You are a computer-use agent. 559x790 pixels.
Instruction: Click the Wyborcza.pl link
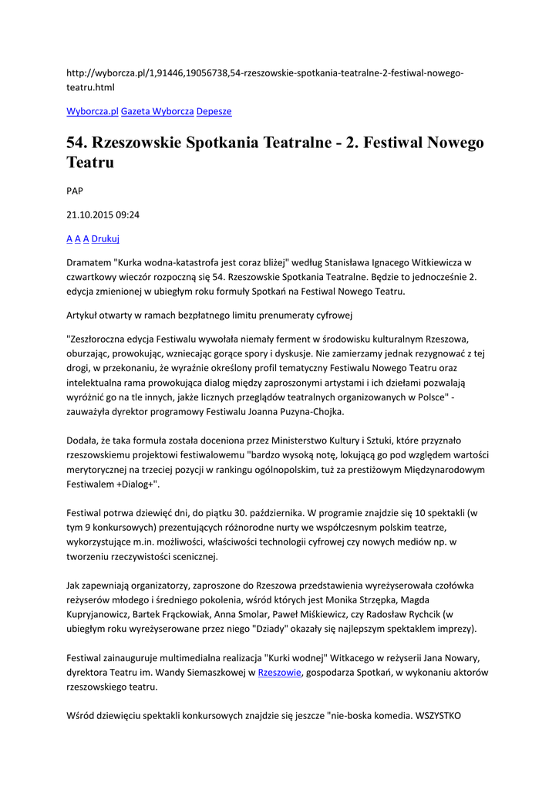(x=92, y=111)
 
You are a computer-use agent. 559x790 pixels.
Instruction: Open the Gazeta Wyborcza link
(x=157, y=111)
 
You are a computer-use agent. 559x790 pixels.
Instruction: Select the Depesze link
(x=214, y=111)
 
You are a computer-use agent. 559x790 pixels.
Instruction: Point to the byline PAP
(x=75, y=191)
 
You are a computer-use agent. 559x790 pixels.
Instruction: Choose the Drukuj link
(x=106, y=238)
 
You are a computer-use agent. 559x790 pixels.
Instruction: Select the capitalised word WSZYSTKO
(x=438, y=715)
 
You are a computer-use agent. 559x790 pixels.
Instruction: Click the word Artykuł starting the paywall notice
(x=84, y=315)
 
